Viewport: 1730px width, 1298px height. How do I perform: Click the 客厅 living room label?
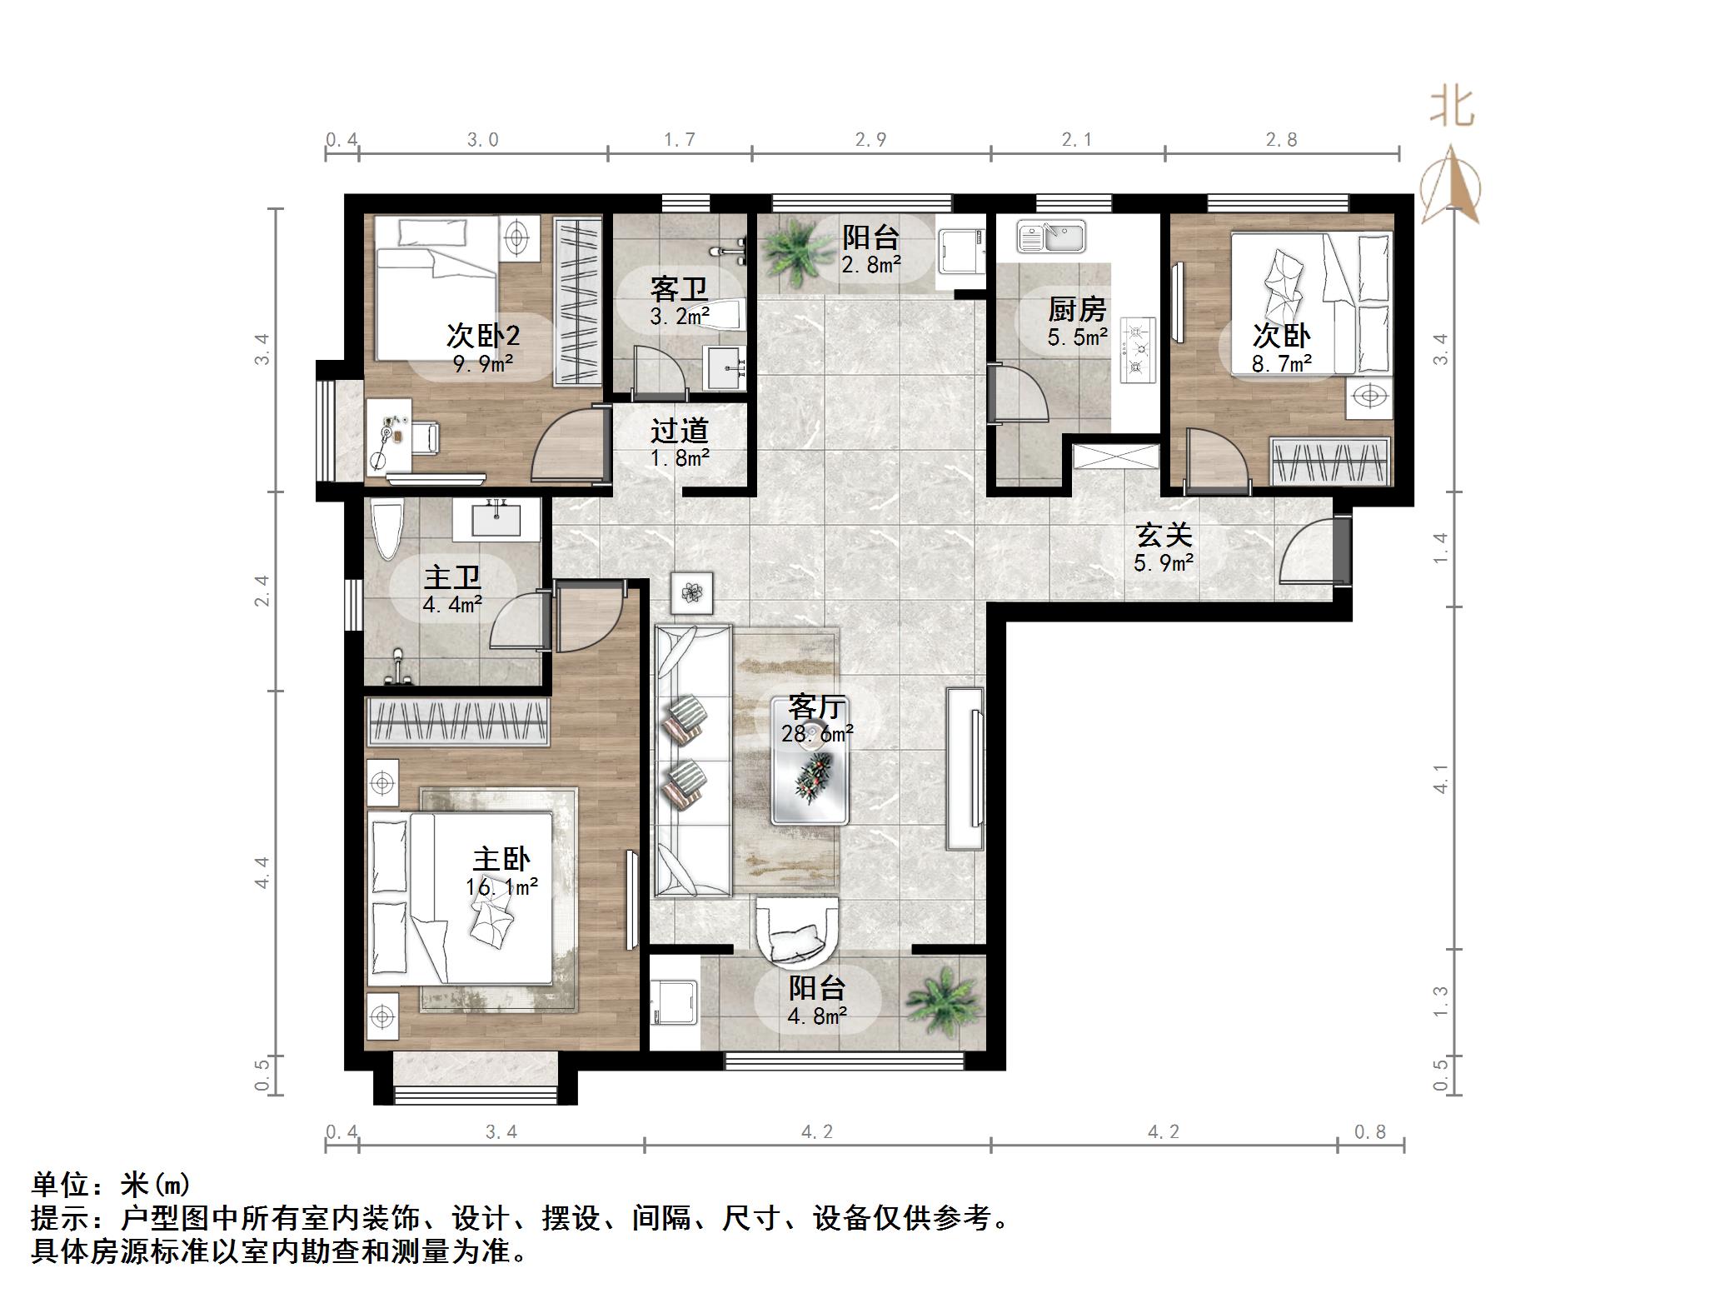tap(816, 707)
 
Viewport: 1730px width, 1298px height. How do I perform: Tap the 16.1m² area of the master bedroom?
tap(501, 887)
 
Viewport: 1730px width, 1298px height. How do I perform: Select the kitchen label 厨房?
tap(1076, 310)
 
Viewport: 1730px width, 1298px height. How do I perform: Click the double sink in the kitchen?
tap(1051, 237)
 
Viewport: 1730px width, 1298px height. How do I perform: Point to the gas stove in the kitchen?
tap(1138, 350)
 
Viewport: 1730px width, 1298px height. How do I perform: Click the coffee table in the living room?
tap(810, 780)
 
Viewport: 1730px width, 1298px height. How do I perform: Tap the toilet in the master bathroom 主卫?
tap(387, 529)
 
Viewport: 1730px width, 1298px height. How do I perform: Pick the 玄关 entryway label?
tap(1164, 536)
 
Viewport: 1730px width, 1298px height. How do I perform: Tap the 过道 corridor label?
tap(679, 431)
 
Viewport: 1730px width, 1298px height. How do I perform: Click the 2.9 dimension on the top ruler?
tap(870, 140)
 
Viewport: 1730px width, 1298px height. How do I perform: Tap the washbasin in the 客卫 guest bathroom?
tap(726, 367)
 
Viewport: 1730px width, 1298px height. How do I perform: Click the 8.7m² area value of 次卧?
tap(1282, 363)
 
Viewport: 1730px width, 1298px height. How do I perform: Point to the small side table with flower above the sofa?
tap(692, 592)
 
